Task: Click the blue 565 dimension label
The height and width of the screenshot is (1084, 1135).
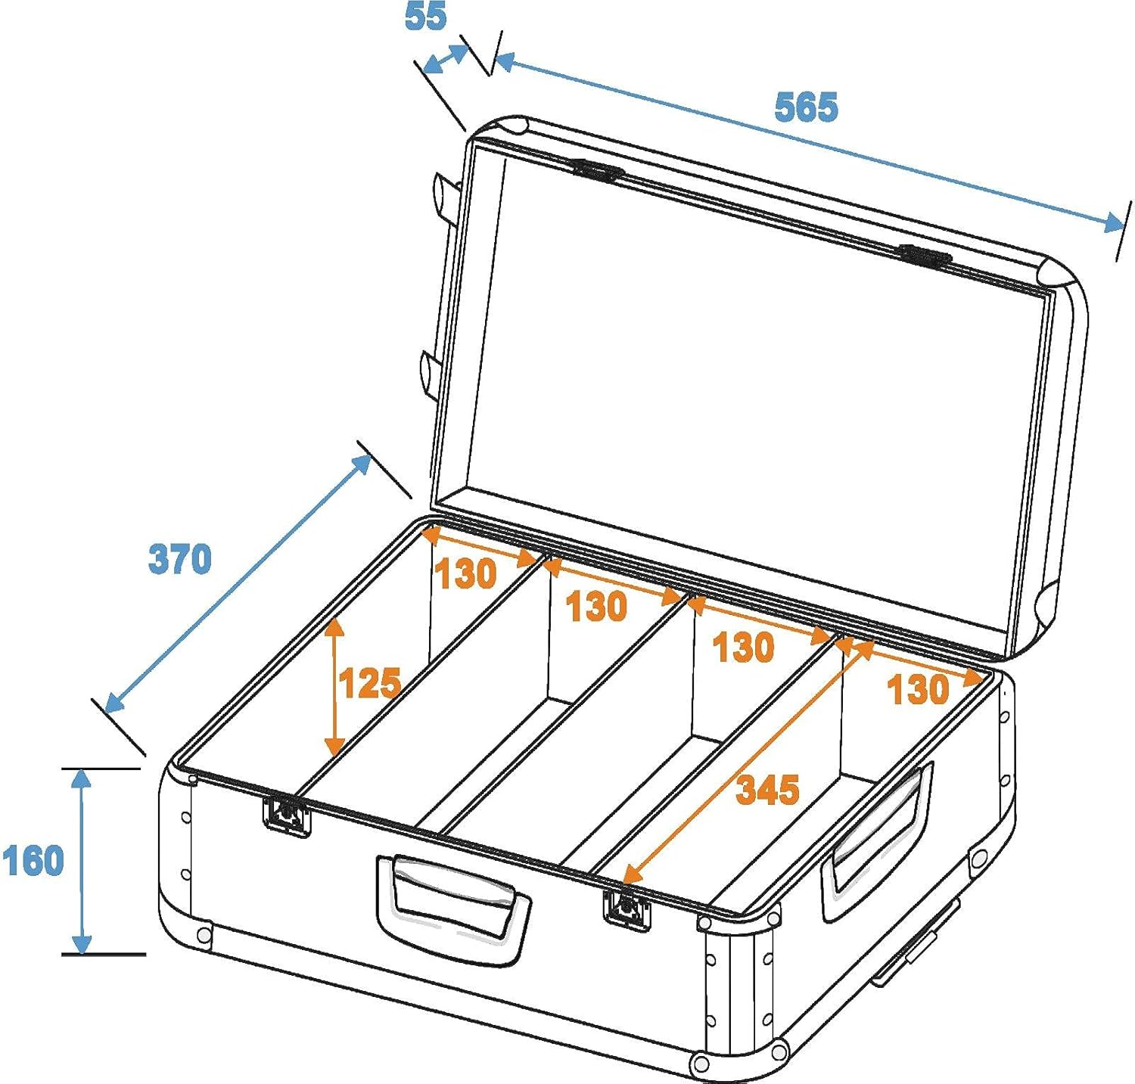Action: (x=806, y=107)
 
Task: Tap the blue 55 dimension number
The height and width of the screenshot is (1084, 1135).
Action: (x=425, y=16)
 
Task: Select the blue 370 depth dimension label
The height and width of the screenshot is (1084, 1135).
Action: (x=179, y=559)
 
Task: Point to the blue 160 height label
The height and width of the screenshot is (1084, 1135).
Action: (x=33, y=861)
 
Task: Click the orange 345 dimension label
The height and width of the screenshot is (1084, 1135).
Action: (x=767, y=790)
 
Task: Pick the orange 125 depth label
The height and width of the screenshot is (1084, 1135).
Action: (x=369, y=683)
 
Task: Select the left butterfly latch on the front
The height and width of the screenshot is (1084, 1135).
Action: (x=287, y=815)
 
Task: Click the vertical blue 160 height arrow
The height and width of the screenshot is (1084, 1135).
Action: (x=82, y=861)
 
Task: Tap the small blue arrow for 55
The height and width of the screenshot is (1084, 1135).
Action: (x=446, y=59)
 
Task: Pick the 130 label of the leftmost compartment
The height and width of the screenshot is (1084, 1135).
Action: (x=465, y=573)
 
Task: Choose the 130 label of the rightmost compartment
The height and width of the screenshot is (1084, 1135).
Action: (x=917, y=690)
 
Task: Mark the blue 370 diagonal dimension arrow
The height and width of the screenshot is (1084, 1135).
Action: (x=238, y=584)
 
